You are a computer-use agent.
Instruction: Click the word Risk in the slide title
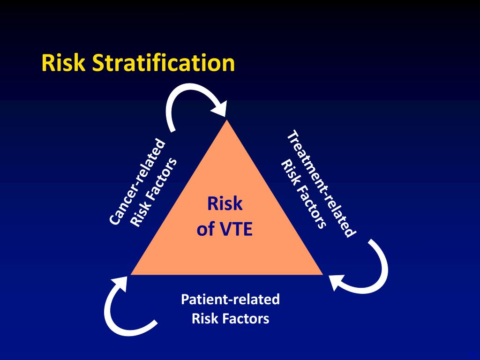point(63,63)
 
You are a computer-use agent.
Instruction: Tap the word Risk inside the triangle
point(225,204)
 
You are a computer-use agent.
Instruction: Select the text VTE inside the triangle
point(236,230)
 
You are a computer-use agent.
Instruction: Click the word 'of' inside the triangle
point(205,230)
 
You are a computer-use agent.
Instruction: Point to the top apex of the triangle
point(227,120)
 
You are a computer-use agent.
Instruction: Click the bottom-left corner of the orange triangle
point(132,274)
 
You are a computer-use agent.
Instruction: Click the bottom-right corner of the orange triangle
point(322,274)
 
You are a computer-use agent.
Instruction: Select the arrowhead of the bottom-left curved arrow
point(119,283)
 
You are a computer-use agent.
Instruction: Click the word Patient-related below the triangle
point(230,299)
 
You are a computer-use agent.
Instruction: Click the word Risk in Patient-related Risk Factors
point(203,319)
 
